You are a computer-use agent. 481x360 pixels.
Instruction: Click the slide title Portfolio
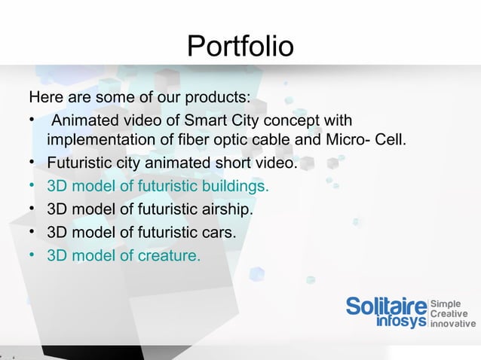point(240,47)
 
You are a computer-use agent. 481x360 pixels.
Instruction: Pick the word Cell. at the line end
point(390,141)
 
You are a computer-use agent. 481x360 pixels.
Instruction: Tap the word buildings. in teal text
point(231,185)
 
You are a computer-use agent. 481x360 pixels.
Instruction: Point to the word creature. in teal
point(169,255)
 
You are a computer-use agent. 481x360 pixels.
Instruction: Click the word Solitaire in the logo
point(386,307)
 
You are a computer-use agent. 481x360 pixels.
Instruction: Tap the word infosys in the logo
point(400,322)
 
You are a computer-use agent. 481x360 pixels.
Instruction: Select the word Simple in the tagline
point(446,304)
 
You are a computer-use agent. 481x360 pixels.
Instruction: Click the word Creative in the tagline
point(449,314)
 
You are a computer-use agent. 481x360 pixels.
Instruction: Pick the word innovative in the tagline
point(453,325)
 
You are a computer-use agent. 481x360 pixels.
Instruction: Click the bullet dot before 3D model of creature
point(33,255)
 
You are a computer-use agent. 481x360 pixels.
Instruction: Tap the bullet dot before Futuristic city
point(33,163)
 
